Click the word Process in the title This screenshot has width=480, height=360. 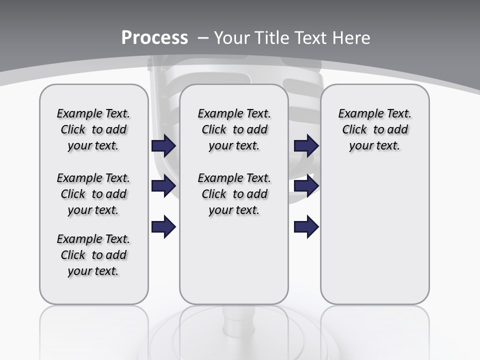click(x=154, y=38)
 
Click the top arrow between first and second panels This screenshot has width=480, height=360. click(x=163, y=146)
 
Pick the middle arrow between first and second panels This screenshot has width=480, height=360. click(x=163, y=186)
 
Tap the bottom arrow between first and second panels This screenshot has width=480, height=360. click(x=163, y=226)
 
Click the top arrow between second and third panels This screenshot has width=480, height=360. click(x=306, y=146)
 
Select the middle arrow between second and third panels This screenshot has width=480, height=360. click(x=306, y=186)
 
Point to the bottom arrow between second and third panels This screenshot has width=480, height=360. click(x=306, y=226)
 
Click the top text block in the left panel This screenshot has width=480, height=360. click(x=93, y=129)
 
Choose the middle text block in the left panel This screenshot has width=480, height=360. click(x=93, y=194)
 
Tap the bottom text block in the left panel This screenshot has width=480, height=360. click(x=93, y=255)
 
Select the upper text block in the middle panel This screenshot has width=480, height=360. click(x=234, y=129)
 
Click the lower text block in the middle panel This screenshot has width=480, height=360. click(x=234, y=194)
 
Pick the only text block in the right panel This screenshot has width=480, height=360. click(x=374, y=129)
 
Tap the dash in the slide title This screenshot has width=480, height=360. click(x=203, y=38)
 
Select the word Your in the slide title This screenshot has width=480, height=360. click(x=232, y=38)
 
